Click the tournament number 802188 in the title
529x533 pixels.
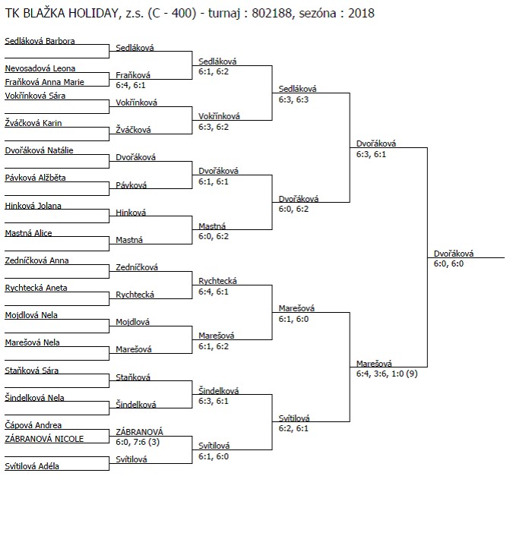coord(271,13)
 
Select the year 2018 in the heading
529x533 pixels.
coord(361,13)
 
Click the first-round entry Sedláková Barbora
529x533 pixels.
coord(40,41)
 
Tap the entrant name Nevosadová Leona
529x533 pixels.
coord(40,68)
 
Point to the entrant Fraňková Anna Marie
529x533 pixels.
coord(45,82)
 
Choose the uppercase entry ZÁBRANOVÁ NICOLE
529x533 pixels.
coord(44,439)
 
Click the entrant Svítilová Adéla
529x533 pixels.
coord(32,466)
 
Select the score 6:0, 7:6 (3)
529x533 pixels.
coord(138,442)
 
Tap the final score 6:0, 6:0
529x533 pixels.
coord(448,263)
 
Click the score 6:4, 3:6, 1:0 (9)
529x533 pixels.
coord(387,374)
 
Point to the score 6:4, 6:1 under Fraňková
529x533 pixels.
coord(130,85)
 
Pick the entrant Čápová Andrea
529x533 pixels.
coord(33,425)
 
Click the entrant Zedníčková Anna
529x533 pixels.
coord(36,260)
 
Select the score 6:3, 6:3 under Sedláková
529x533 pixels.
coord(293,99)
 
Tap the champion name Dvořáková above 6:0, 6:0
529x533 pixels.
coord(454,254)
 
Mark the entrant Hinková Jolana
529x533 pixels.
coord(33,206)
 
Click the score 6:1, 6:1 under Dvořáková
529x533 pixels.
coord(214,181)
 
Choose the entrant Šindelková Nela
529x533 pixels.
coord(34,397)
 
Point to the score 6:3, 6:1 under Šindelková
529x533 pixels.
coord(214,401)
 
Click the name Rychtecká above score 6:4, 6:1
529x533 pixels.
coord(217,281)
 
